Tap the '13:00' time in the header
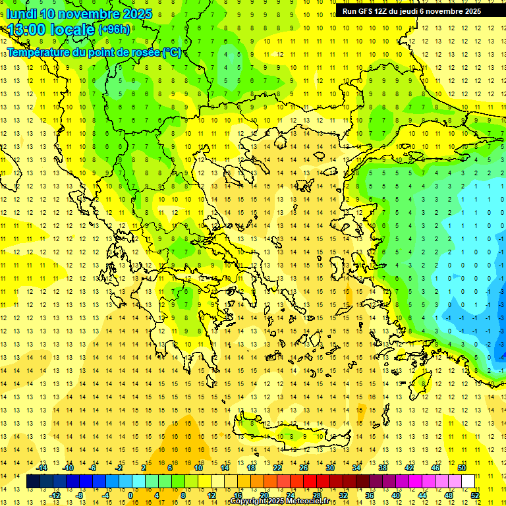point(27,30)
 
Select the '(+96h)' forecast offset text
point(114,30)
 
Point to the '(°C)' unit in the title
point(171,52)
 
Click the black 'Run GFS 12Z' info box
point(412,11)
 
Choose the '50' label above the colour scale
point(461,468)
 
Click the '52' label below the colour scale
point(475,495)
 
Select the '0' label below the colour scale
point(130,495)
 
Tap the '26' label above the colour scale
point(304,468)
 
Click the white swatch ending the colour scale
point(468,482)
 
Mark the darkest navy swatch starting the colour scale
point(33,482)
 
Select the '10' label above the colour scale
point(198,468)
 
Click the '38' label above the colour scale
point(383,468)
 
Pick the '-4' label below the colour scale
point(105,495)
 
